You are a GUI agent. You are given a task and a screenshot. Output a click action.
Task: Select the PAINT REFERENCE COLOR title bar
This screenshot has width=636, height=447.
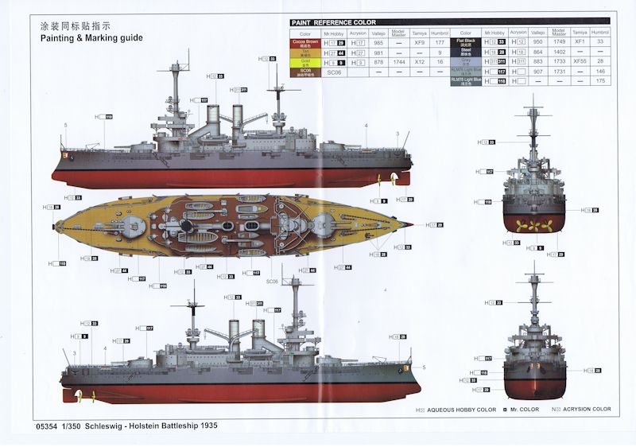[x=334, y=22]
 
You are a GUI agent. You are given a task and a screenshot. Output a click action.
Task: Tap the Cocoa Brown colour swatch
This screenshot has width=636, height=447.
[x=305, y=43]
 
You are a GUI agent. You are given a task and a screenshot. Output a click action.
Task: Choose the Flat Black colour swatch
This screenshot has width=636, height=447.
[x=465, y=42]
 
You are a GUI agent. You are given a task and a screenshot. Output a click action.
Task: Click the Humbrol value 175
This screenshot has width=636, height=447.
[x=600, y=81]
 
